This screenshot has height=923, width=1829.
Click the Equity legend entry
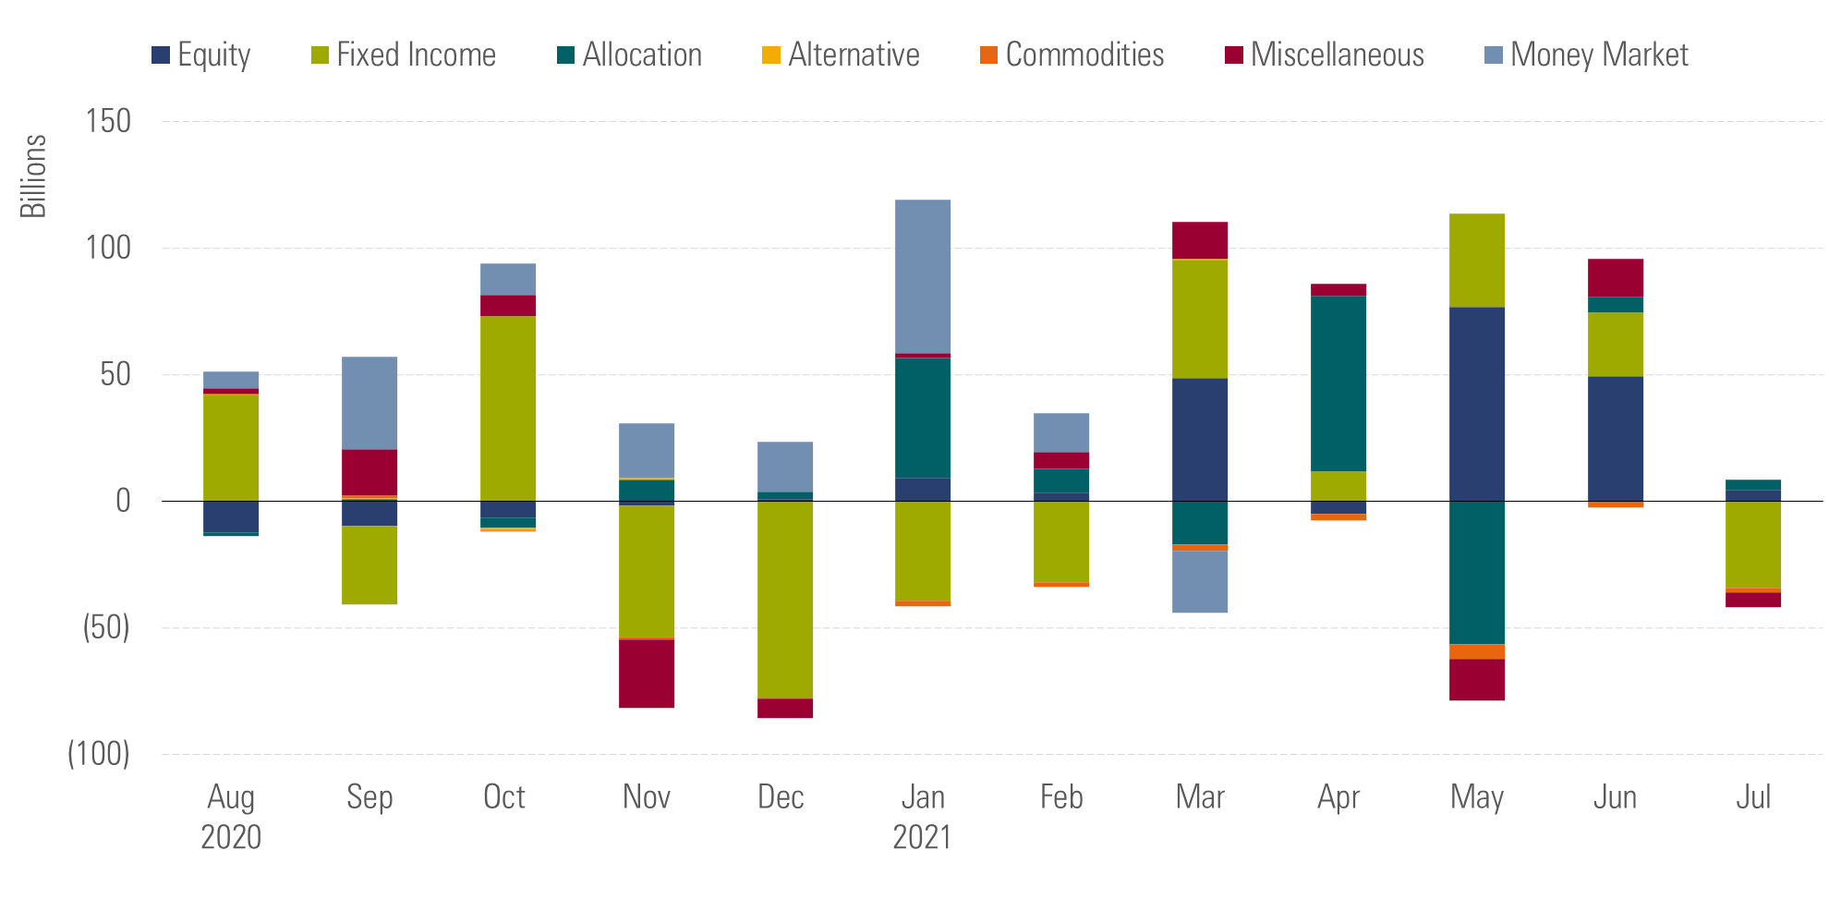coord(201,55)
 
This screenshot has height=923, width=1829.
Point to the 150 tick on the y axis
coord(108,121)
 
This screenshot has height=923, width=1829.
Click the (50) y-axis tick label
coord(106,627)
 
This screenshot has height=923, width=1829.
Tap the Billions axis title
coord(33,176)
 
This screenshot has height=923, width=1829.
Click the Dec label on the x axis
coord(781,796)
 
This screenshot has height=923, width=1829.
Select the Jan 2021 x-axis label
coord(922,816)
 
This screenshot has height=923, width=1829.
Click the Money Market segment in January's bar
coord(923,276)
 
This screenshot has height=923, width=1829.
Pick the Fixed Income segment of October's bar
coord(508,408)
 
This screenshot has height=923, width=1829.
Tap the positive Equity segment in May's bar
coord(1477,404)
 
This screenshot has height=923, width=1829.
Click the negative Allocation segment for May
coord(1477,572)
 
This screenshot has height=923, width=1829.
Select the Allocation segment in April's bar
coord(1338,383)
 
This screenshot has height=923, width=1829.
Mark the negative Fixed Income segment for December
coord(785,600)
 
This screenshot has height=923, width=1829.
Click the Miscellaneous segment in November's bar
coord(647,674)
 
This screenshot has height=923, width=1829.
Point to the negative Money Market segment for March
coord(1200,581)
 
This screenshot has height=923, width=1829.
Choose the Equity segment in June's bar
coord(1616,438)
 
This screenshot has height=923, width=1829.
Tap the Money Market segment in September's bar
coord(369,403)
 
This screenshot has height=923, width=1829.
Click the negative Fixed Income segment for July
coord(1753,544)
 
